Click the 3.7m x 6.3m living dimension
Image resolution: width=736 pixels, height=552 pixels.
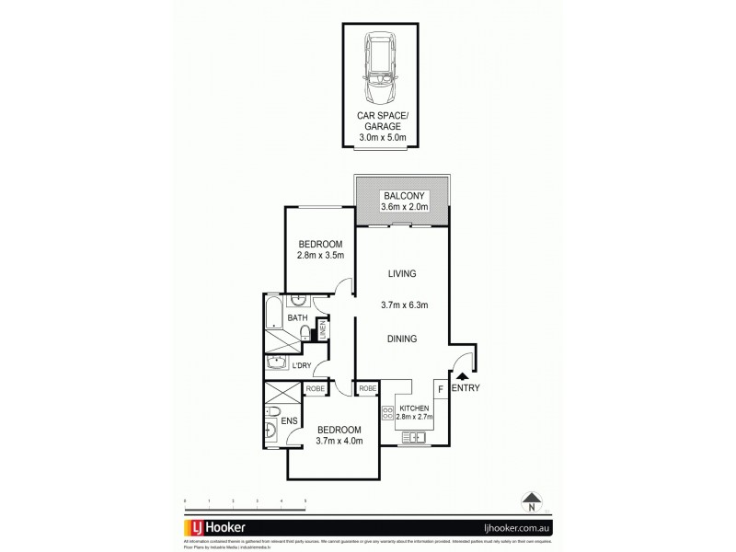[402, 306]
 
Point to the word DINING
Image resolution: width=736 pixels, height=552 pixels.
[401, 339]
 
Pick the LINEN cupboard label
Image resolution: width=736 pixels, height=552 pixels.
[323, 329]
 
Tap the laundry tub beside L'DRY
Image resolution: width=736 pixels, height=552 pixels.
[276, 362]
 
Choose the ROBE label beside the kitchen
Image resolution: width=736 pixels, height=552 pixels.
[367, 390]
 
